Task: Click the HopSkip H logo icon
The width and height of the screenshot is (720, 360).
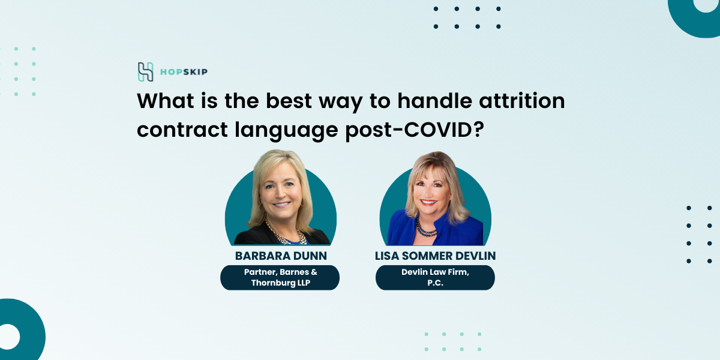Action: [145, 71]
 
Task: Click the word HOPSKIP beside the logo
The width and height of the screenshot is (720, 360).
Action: [184, 72]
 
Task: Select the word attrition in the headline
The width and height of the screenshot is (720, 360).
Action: [522, 101]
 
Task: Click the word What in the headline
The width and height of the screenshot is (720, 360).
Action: [166, 101]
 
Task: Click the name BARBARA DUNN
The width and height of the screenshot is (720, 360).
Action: [281, 256]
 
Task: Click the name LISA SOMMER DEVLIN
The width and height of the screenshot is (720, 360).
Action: [435, 256]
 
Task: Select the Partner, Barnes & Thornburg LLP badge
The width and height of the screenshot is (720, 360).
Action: [280, 277]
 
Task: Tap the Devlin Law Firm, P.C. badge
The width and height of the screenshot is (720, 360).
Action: [435, 277]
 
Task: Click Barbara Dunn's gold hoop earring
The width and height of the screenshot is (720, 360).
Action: [259, 208]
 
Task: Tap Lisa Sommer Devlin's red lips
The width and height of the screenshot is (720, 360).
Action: [429, 203]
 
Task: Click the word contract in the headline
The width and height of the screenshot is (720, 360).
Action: [182, 130]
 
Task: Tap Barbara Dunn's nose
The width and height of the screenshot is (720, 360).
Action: [280, 193]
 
